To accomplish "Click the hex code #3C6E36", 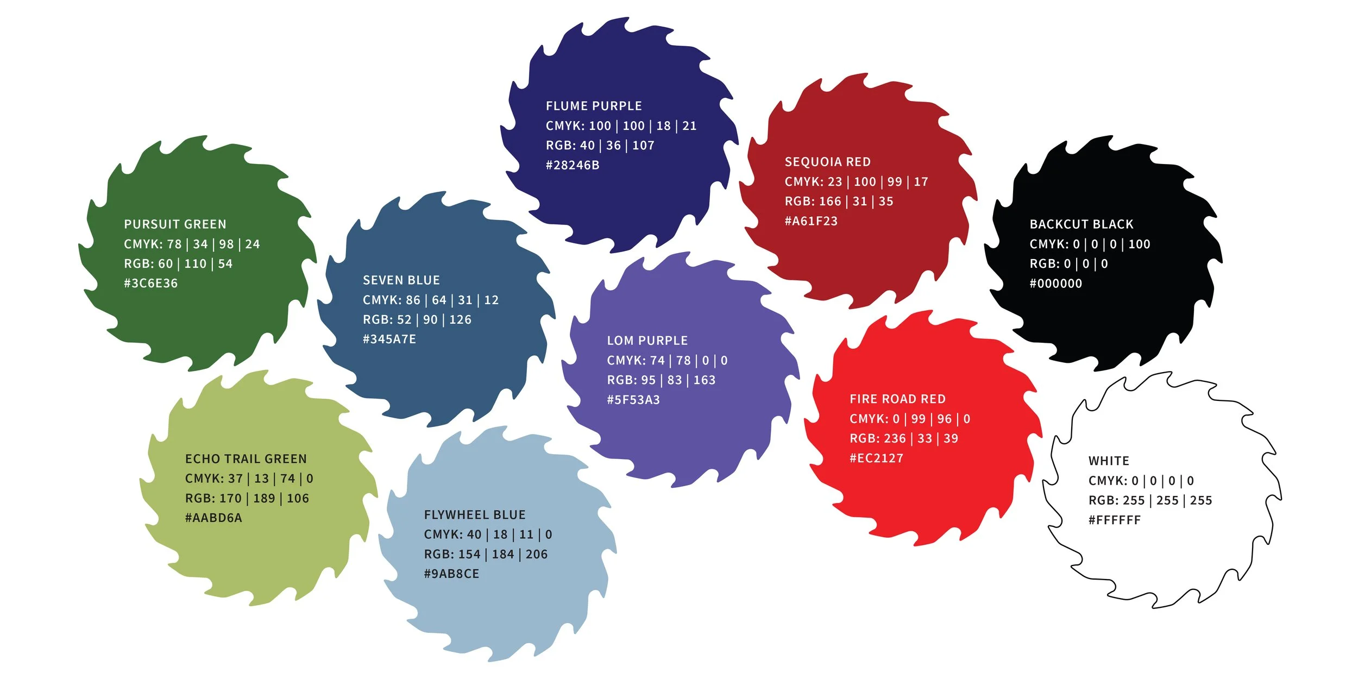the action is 150,284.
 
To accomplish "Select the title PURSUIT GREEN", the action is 175,224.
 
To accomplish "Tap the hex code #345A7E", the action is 389,339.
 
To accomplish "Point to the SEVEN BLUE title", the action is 401,280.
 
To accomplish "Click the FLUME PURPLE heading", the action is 594,106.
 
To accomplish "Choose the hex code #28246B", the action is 573,165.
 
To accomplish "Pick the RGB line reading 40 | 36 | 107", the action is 600,146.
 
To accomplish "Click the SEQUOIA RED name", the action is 827,162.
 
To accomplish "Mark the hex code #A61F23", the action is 811,221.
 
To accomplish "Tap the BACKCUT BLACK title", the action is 1081,224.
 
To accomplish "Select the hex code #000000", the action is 1055,284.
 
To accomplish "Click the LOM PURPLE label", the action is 647,341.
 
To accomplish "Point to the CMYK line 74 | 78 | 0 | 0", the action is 667,361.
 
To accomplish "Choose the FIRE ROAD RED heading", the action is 897,399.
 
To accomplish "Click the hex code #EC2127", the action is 876,458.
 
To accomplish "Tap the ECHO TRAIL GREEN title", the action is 246,459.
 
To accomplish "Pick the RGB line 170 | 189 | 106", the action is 247,499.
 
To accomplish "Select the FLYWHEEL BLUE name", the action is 474,515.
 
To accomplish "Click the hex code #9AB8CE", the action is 451,574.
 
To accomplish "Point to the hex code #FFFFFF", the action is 1114,520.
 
